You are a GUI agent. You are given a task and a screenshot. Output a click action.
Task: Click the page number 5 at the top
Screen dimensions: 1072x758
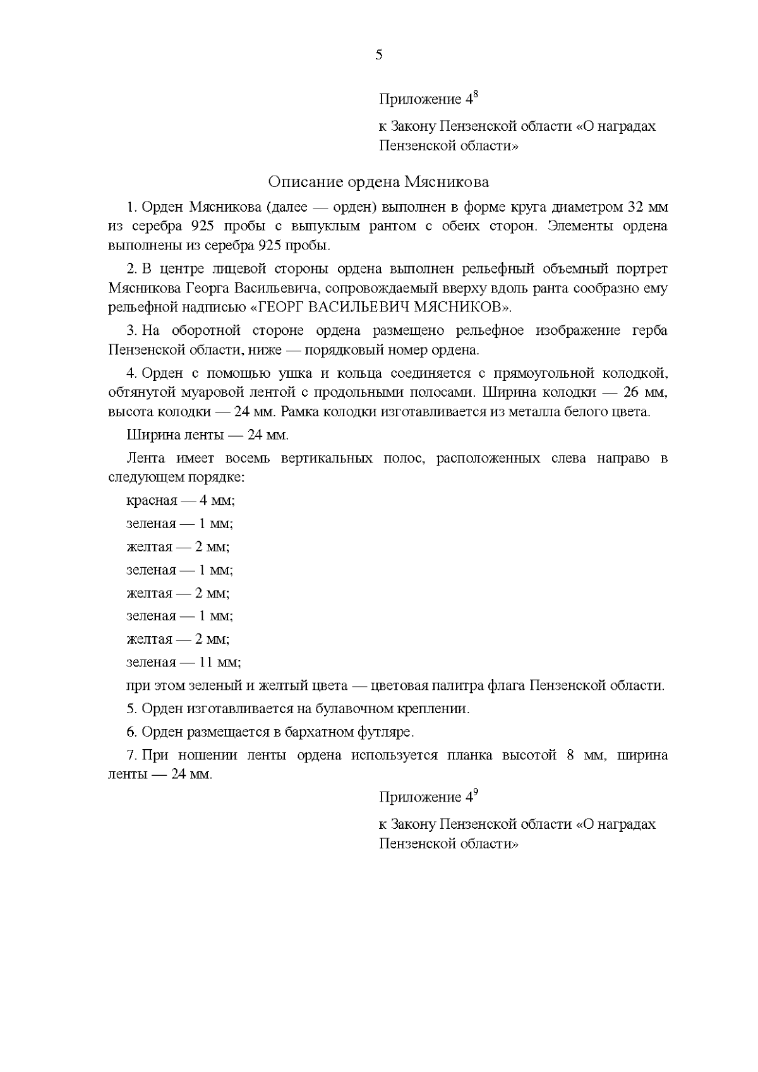[379, 55]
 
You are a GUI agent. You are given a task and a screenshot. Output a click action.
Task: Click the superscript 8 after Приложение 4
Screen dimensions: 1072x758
[475, 95]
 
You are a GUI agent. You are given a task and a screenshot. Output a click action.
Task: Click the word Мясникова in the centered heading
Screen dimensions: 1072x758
[447, 183]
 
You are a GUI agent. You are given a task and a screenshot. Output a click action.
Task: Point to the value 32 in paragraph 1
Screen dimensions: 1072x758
[634, 208]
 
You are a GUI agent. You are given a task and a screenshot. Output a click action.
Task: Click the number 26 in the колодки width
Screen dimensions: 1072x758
[631, 392]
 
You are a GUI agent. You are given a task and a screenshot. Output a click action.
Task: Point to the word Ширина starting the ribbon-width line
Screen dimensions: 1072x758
[149, 435]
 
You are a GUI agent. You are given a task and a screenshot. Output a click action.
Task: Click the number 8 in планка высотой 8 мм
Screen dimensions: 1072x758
[570, 756]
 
